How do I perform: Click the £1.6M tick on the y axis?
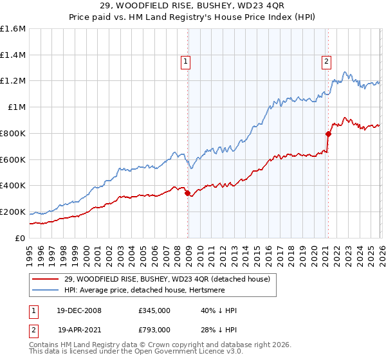13,29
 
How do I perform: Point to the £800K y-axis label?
13,133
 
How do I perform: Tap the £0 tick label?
21,238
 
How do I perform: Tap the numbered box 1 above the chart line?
185,62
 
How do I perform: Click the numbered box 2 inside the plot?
326,62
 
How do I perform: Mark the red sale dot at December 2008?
187,193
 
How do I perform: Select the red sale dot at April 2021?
328,134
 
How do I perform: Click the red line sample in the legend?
46,278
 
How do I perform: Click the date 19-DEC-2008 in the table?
79,310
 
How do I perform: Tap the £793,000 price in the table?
154,329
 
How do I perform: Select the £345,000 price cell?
154,310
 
